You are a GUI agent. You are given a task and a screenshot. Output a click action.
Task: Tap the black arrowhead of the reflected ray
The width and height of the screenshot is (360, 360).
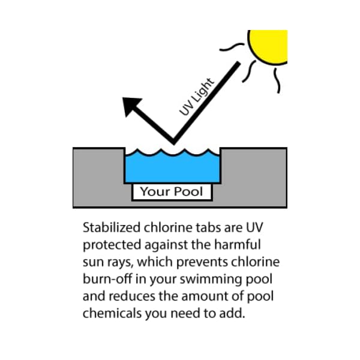coord(132,106)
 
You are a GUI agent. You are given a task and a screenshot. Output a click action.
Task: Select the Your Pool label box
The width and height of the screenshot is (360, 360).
coord(172,193)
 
